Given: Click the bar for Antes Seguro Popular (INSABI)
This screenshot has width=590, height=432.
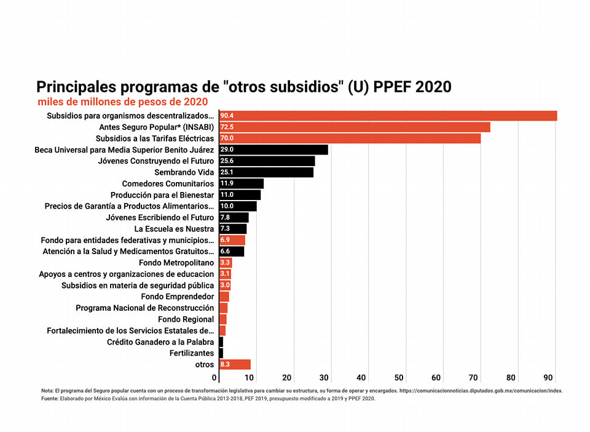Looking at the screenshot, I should pos(355,127).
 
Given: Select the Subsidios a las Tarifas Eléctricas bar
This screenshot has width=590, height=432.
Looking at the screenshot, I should pos(350,138).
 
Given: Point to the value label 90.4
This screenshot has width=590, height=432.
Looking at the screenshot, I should pos(227,116).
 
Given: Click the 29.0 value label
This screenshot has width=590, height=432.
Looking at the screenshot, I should pos(227,150).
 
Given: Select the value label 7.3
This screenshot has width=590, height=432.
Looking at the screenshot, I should pos(225,228).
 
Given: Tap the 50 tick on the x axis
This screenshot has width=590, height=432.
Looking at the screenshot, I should pos(399,377).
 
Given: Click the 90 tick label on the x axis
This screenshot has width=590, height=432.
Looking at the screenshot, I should pos(548,377).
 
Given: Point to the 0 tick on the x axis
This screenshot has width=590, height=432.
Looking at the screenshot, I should pos(215,377).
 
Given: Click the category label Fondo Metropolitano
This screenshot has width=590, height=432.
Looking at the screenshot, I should pos(176,263).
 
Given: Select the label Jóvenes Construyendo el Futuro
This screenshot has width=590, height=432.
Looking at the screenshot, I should pos(156,161).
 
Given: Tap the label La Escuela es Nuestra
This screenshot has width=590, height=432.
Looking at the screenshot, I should pos(175,229).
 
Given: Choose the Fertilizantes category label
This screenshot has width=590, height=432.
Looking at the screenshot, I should pos(192,353).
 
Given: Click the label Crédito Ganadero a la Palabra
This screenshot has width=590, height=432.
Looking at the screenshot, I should pos(160,342).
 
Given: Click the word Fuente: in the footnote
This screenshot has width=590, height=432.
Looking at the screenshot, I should pos(50,399).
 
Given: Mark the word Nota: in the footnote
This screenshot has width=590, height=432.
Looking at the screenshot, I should pos(47,391).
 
